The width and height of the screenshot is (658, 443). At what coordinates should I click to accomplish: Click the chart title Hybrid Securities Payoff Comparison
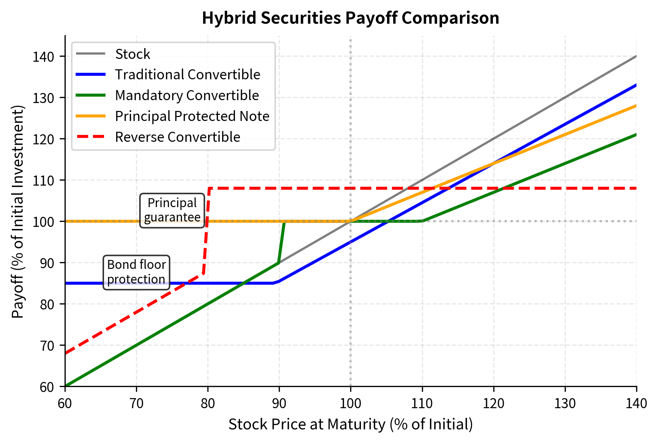click(x=350, y=18)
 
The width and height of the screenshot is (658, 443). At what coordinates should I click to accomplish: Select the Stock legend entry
click(x=132, y=54)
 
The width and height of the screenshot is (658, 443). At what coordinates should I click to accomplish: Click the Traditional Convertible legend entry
click(x=187, y=75)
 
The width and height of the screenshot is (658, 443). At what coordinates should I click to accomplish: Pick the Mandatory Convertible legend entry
click(x=187, y=95)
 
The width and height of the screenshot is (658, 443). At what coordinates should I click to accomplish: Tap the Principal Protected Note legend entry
click(x=192, y=116)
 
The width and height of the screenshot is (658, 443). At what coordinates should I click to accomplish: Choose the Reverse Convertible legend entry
click(x=177, y=137)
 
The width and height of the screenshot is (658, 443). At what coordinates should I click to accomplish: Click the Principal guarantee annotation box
click(x=172, y=210)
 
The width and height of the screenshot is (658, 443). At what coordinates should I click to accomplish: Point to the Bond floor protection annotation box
click(x=136, y=272)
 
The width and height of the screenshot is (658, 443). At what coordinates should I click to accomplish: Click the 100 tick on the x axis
click(x=351, y=404)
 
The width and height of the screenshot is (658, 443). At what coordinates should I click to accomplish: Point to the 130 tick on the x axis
click(x=565, y=404)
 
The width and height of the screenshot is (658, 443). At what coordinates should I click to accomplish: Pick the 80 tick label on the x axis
click(x=208, y=404)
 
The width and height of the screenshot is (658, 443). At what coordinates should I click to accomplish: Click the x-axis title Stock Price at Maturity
click(x=351, y=424)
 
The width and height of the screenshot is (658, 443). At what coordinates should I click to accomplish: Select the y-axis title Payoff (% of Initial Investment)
click(x=18, y=212)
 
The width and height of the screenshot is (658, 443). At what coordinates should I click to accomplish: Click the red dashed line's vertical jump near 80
click(x=206, y=230)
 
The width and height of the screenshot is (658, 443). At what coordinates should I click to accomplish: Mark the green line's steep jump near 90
click(x=281, y=242)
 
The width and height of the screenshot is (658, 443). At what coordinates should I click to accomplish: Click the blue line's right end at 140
click(x=635, y=85)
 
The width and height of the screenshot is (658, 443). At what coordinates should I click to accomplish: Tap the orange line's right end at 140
click(x=635, y=106)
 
